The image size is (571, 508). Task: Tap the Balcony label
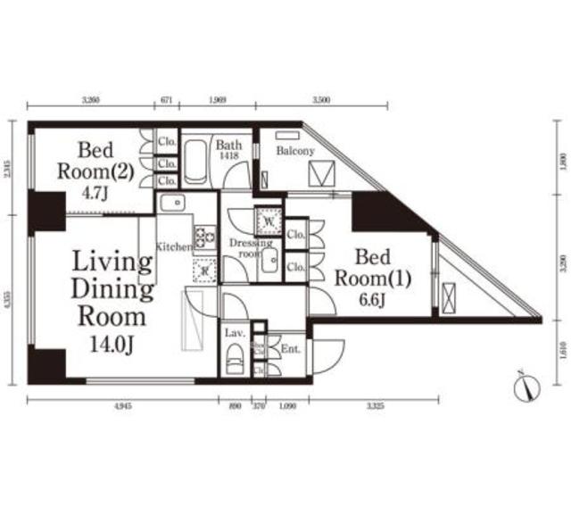(295, 151)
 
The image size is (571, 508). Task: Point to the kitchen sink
(172, 204)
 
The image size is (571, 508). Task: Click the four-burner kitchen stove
(205, 237)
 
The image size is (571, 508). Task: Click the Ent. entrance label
(290, 349)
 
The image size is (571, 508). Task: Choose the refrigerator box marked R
(203, 270)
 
